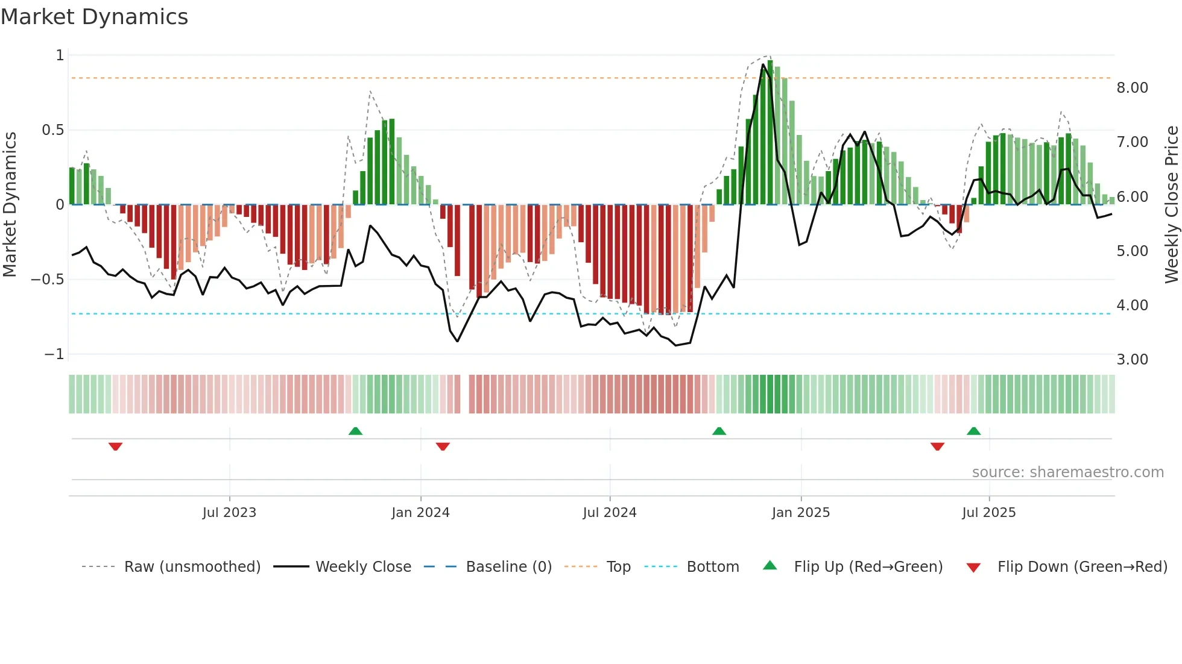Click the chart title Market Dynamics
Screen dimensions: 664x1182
[x=94, y=17]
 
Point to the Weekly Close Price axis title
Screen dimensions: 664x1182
[x=1171, y=204]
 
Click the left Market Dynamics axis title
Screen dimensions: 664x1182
[x=10, y=204]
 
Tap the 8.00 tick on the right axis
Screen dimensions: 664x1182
[x=1132, y=88]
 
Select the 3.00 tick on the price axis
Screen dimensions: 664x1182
[x=1132, y=360]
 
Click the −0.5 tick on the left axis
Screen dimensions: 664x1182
[x=47, y=280]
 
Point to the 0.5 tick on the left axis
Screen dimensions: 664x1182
[x=52, y=130]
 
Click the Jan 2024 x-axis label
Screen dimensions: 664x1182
[x=420, y=513]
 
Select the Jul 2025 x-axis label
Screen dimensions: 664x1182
[x=988, y=513]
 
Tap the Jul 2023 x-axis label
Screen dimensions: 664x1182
[x=229, y=513]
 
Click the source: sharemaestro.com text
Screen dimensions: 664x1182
[x=1067, y=472]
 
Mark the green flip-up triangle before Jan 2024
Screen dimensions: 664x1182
[x=355, y=431]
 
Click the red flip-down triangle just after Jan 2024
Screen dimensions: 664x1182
[x=443, y=446]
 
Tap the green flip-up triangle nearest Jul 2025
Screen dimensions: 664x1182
[x=973, y=431]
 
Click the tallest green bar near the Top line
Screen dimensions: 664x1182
[x=770, y=133]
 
